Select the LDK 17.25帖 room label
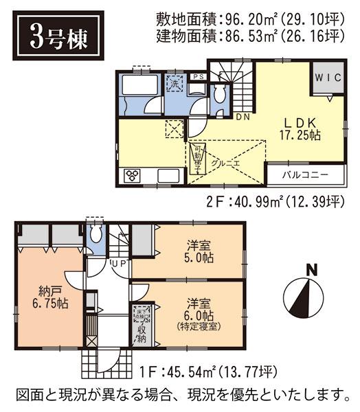[x=300, y=128]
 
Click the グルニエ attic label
[x=225, y=163]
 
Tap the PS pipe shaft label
[x=197, y=77]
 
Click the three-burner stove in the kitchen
[x=131, y=176]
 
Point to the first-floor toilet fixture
[x=96, y=236]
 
